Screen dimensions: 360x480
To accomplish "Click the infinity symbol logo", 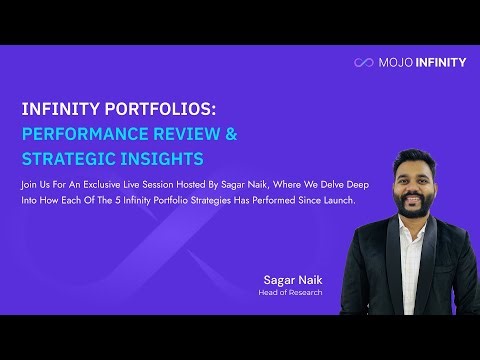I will pyautogui.click(x=363, y=63).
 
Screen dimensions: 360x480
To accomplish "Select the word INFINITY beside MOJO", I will pyautogui.click(x=439, y=63).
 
